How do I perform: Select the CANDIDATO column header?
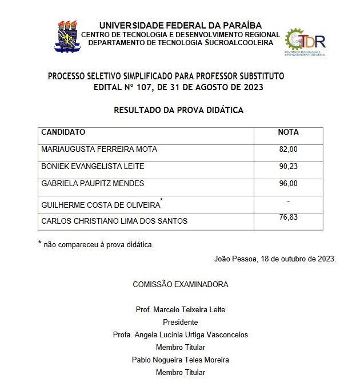coord(63,132)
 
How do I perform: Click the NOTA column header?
coord(288,132)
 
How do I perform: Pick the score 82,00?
coord(289,150)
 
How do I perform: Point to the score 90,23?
coord(289,167)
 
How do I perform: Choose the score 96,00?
coord(289,184)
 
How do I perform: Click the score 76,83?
coord(289,217)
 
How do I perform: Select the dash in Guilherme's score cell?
coord(289,201)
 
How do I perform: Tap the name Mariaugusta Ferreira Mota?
coord(99,150)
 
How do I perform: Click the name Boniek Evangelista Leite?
coord(93,167)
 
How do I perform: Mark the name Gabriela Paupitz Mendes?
coord(93,184)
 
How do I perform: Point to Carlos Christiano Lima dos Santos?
coord(114,221)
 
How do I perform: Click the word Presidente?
coord(180,322)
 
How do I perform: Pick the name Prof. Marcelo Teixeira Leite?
coord(181,309)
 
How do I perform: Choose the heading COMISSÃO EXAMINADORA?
coord(181,284)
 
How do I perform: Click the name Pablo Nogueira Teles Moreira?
coord(181,360)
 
